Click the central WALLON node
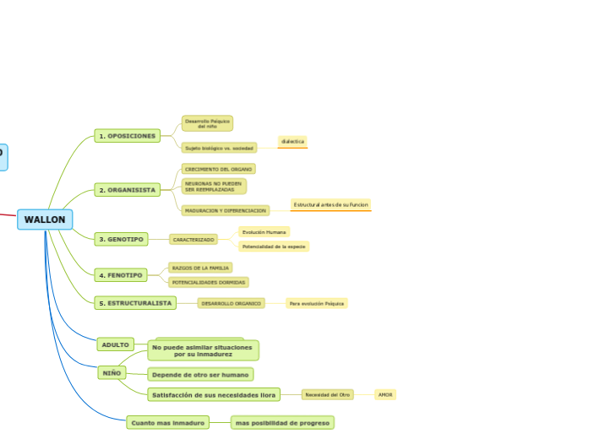45,219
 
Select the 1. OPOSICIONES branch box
128,136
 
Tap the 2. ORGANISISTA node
128,190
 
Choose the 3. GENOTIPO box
121,239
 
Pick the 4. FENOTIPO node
121,275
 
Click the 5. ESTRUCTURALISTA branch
135,302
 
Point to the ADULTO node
115,344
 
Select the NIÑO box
112,372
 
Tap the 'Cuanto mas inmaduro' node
168,422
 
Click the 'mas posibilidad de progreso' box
282,422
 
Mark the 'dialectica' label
292,141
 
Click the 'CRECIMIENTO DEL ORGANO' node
218,169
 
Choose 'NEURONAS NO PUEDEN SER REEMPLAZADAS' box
213,187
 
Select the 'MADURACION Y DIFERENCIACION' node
225,210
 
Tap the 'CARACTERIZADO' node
194,240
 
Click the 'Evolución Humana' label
264,231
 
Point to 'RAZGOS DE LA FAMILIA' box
200,268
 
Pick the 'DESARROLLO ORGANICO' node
231,302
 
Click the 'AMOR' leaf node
385,394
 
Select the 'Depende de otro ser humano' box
200,374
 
